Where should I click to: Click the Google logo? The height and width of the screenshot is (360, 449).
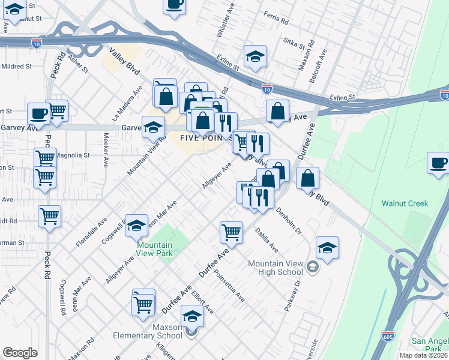(x=20, y=353)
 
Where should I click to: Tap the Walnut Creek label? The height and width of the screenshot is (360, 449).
(x=405, y=203)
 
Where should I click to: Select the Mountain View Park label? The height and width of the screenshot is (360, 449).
(x=154, y=249)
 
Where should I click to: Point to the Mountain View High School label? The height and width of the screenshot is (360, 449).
(x=276, y=268)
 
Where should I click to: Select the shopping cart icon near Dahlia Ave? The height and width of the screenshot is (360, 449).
(x=231, y=231)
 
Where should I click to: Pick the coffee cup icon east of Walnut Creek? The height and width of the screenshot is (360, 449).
(x=439, y=163)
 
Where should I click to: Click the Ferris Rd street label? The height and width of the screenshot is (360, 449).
(x=276, y=18)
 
